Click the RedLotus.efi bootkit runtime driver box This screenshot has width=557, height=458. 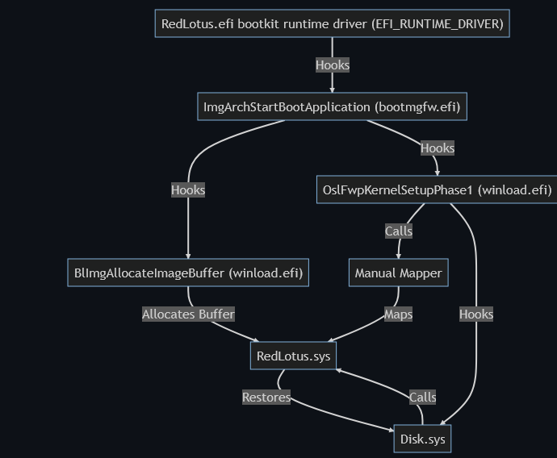(x=332, y=24)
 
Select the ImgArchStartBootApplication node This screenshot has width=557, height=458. (x=332, y=106)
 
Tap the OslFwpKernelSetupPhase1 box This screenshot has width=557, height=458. (x=437, y=190)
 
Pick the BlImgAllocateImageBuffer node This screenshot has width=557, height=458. (x=188, y=273)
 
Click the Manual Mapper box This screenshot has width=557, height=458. (x=398, y=273)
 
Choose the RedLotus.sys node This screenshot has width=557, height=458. (x=293, y=356)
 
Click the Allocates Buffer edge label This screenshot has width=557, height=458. (x=188, y=314)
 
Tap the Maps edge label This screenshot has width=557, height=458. (x=398, y=314)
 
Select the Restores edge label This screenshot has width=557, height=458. (x=266, y=397)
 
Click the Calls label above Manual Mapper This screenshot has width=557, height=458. (x=398, y=231)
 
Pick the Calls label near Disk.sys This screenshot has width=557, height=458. (x=422, y=397)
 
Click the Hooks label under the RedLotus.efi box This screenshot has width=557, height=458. (x=332, y=65)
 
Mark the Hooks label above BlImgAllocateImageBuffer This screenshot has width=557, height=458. (x=188, y=189)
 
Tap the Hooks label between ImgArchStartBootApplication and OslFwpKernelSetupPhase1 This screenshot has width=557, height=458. (x=437, y=148)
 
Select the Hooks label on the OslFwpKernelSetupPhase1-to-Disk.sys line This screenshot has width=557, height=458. (x=476, y=314)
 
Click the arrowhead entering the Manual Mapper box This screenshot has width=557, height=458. (x=398, y=256)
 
